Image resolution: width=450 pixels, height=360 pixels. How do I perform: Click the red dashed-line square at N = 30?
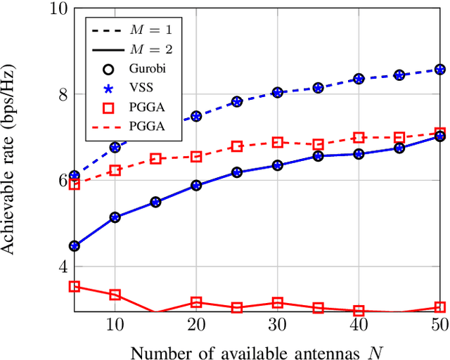pyautogui.click(x=278, y=142)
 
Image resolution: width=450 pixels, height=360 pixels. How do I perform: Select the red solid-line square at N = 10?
pyautogui.click(x=115, y=295)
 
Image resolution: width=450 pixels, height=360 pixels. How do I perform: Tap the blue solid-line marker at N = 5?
pyautogui.click(x=74, y=246)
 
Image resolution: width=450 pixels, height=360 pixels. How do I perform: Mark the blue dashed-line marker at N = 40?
pyautogui.click(x=359, y=79)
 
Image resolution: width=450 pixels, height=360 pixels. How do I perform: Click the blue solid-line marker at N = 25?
pyautogui.click(x=237, y=172)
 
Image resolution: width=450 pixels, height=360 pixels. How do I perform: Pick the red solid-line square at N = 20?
pyautogui.click(x=196, y=302)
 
